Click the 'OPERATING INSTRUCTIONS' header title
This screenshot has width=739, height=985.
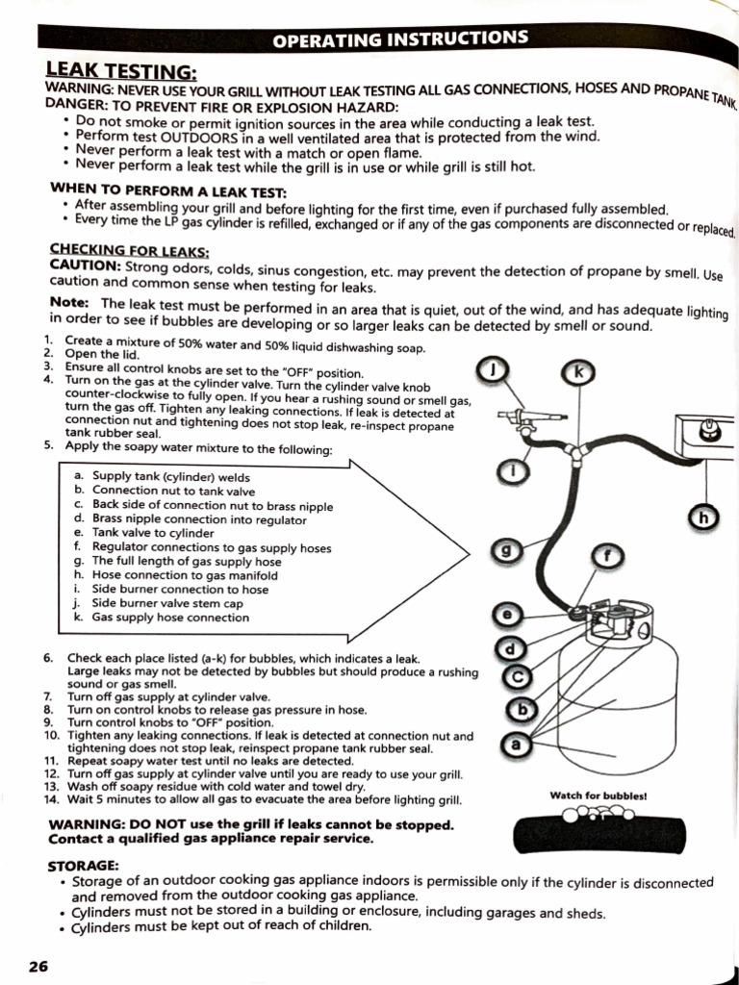coord(399,39)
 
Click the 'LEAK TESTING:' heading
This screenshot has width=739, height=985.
coord(121,71)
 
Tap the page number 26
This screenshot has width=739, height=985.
coord(38,966)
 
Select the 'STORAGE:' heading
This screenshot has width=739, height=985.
coord(84,866)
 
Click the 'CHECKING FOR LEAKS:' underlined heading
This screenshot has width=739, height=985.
coord(129,250)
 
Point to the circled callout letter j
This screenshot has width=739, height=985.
coord(493,369)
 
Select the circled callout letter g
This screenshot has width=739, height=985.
coord(507,551)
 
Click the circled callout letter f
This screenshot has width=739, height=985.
coord(605,555)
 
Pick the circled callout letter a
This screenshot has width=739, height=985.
coord(516,744)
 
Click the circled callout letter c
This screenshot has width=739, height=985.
coord(518,677)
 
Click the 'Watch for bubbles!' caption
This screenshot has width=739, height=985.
coord(598,796)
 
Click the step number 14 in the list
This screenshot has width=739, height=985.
coord(52,799)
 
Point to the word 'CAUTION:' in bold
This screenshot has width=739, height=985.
coord(85,265)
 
